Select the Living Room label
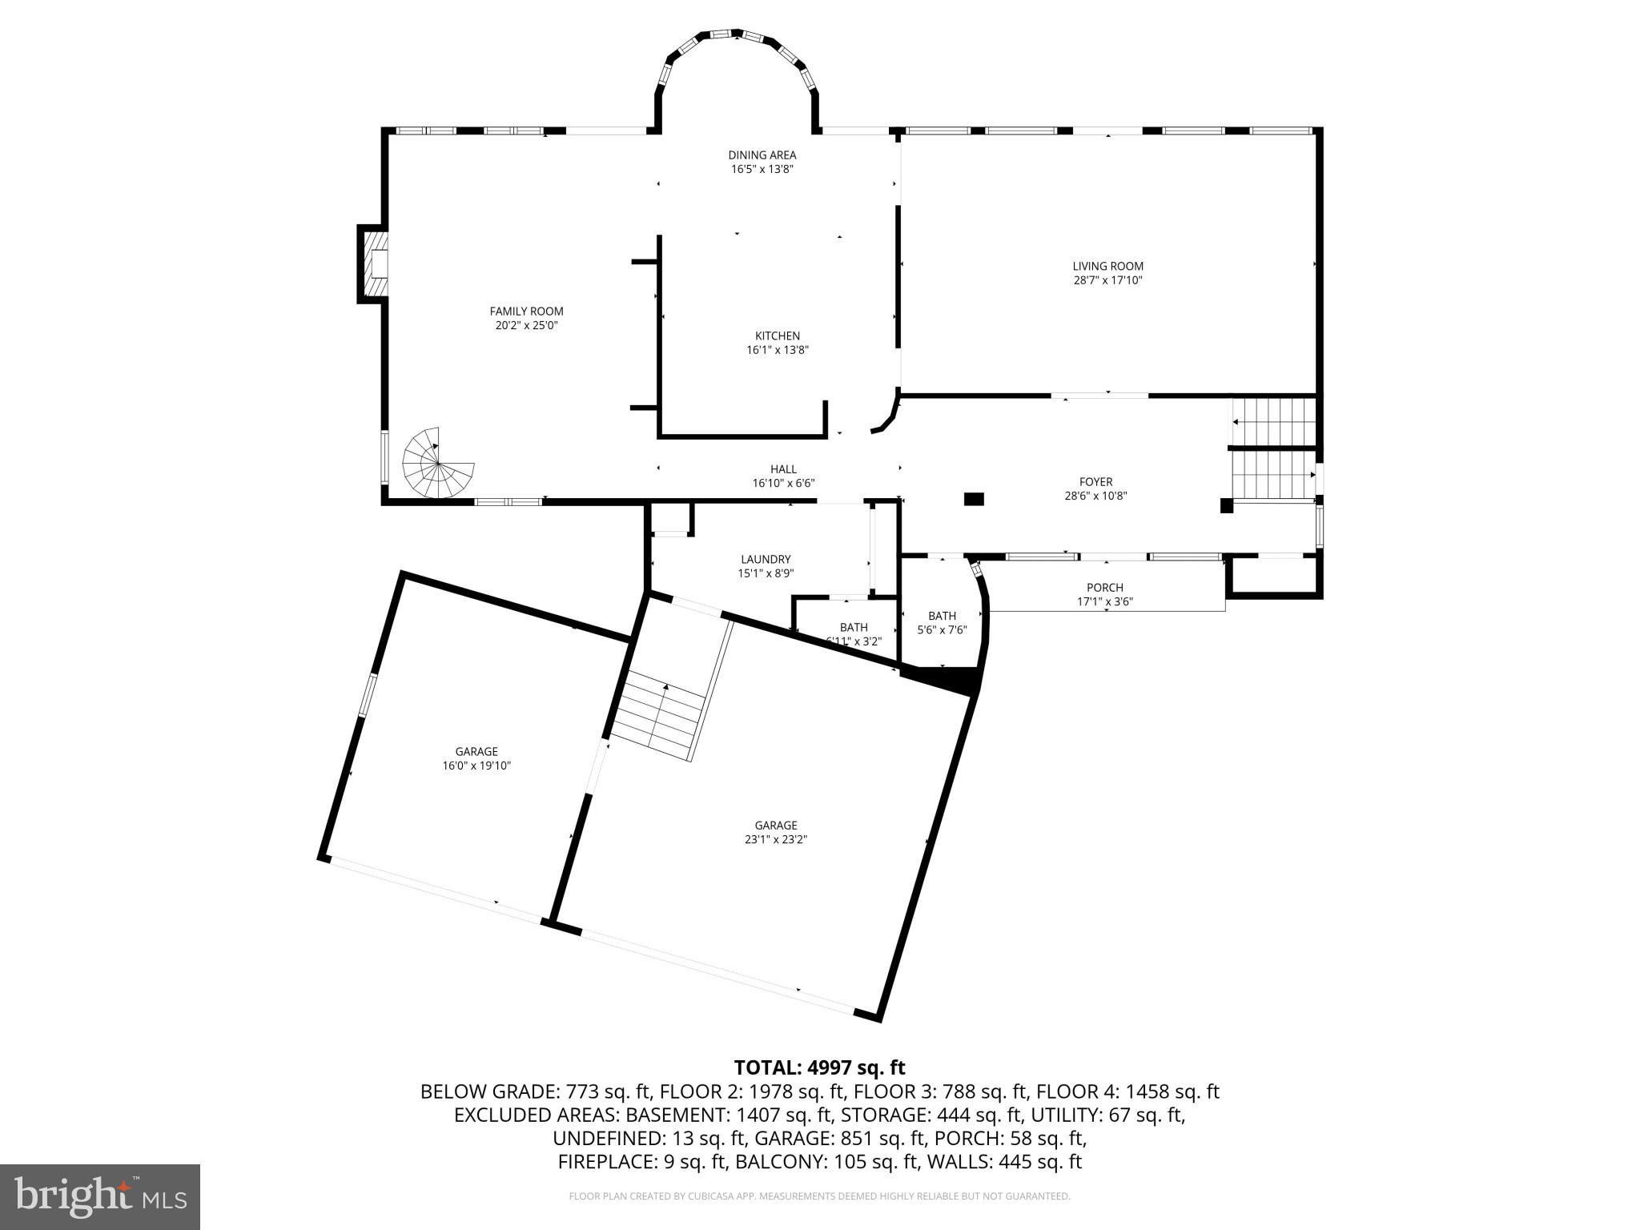1107,266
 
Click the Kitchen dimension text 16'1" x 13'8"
777,350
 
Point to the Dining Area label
762,155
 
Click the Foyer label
1095,481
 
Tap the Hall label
783,469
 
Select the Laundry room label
765,559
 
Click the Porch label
1104,587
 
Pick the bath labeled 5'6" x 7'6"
942,622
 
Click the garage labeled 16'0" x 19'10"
476,758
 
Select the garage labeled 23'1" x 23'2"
775,832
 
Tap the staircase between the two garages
661,715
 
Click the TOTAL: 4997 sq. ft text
819,1067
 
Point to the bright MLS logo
100,1196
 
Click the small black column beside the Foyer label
973,499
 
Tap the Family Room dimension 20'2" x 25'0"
526,326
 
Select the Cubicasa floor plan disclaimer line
819,1196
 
